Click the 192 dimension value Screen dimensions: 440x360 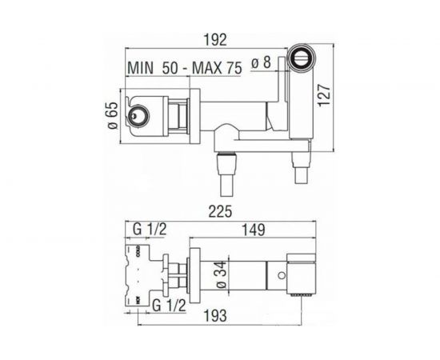click(214, 40)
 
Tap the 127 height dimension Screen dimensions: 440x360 click(324, 95)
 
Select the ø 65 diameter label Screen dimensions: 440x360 click(113, 115)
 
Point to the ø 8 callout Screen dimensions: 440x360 click(261, 62)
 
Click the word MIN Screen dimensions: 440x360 click(141, 68)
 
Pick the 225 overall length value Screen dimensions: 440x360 click(220, 211)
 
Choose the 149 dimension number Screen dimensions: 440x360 click(253, 230)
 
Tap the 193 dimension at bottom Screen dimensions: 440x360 click(215, 315)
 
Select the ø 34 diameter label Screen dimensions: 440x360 click(221, 275)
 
